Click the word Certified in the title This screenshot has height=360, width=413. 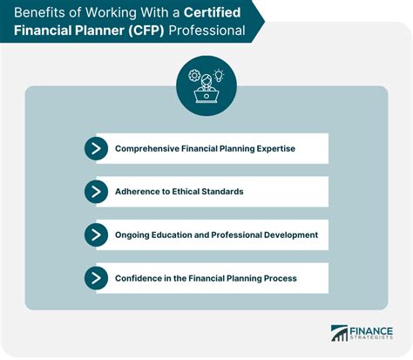212,12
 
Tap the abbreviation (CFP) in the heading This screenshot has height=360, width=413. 146,31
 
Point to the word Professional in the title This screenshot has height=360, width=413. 206,31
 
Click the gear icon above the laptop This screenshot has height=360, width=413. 194,75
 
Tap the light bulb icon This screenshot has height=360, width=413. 219,75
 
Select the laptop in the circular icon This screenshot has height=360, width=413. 206,96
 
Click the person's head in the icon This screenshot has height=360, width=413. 206,79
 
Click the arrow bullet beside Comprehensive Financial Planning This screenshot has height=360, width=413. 96,148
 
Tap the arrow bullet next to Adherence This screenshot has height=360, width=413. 96,192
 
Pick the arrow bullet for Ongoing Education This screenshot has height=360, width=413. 96,234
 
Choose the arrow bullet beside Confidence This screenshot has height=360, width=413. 96,278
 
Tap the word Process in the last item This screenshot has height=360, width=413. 281,278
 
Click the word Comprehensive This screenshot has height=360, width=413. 147,149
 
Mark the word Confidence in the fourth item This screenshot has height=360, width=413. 139,278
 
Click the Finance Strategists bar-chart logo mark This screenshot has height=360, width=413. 339,333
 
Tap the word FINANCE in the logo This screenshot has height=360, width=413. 371,331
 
